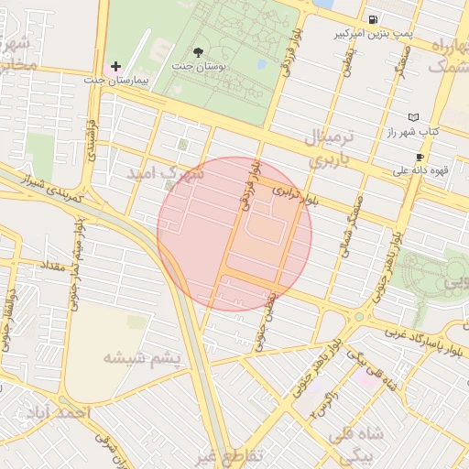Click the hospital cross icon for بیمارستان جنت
pyautogui.click(x=115, y=67)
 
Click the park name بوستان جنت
pyautogui.click(x=213, y=67)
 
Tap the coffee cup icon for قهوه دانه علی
pyautogui.click(x=420, y=157)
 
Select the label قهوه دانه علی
pyautogui.click(x=417, y=169)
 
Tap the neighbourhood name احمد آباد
pyautogui.click(x=61, y=414)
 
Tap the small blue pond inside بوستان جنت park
pyautogui.click(x=263, y=64)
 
